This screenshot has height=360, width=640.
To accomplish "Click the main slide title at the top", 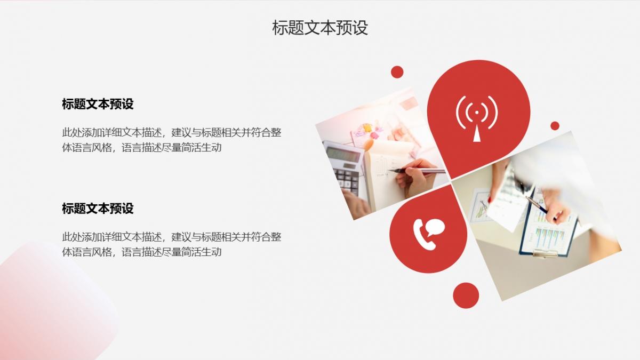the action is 319,28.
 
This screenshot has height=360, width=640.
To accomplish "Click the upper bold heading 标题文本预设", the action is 98,103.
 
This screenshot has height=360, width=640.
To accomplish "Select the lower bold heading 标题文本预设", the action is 98,209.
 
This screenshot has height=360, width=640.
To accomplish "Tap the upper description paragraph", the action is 172,140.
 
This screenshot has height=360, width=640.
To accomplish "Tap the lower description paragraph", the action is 172,244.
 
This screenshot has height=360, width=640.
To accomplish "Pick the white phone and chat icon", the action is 429,234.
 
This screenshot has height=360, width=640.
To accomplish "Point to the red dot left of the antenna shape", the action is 397,72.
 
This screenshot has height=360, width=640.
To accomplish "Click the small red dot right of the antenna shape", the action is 555,126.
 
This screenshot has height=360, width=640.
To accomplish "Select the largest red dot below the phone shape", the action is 466,295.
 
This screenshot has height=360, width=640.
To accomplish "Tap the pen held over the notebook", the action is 417,171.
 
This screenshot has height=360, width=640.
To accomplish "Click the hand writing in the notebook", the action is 415,177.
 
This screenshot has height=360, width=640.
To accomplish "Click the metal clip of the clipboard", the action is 545,253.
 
